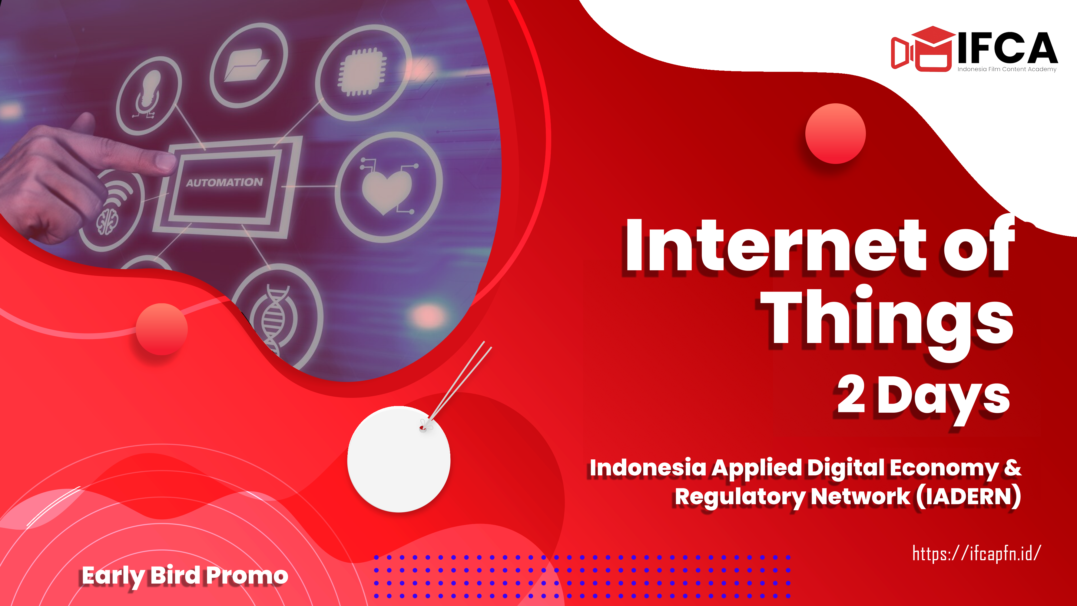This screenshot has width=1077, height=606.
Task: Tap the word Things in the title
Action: [x=886, y=322]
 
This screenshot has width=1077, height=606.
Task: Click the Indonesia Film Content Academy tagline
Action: [x=1007, y=69]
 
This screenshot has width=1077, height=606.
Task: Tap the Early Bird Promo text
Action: [x=185, y=576]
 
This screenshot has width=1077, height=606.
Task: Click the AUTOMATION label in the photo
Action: [x=224, y=183]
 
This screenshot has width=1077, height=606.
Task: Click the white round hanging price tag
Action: [x=399, y=459]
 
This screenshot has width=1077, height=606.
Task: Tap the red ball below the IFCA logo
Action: [x=835, y=133]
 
